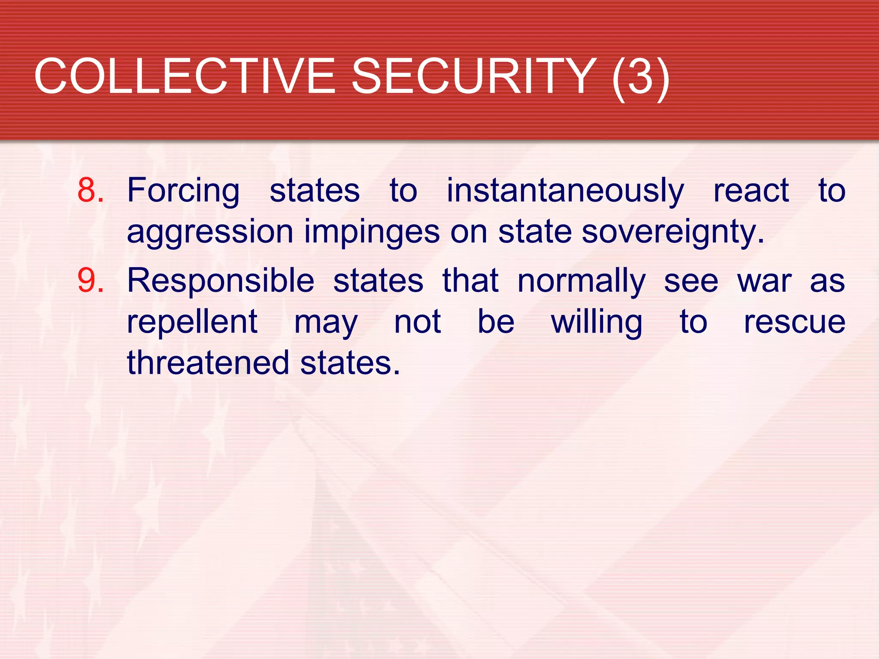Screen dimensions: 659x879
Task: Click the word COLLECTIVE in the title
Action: coord(185,76)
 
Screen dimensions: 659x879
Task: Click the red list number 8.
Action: coord(90,190)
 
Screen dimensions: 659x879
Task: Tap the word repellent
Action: coord(192,322)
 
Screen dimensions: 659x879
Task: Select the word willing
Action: coord(597,322)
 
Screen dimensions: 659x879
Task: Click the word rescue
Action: coord(794,322)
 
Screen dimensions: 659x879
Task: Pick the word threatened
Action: coord(208,363)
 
